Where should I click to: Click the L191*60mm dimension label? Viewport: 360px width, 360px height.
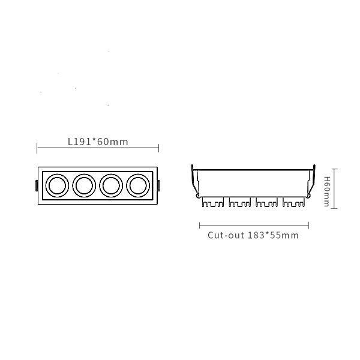click(x=98, y=142)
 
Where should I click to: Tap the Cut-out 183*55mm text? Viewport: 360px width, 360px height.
click(x=253, y=235)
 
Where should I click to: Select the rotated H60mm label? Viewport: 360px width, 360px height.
click(x=327, y=191)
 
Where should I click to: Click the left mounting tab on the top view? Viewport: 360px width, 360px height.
click(x=37, y=185)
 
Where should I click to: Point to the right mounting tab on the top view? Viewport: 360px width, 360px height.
click(x=158, y=185)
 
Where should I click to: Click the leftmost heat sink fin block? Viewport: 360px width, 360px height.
click(x=213, y=202)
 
